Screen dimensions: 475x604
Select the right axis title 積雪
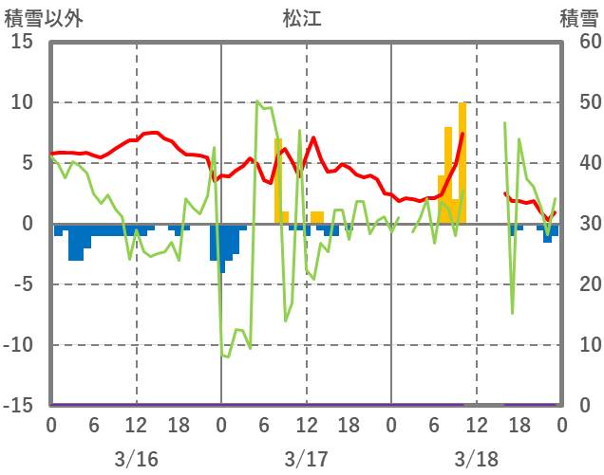pyautogui.click(x=578, y=18)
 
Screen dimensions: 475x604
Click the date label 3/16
pyautogui.click(x=136, y=459)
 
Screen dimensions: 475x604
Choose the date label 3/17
pyautogui.click(x=306, y=459)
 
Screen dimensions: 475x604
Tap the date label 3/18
pyautogui.click(x=476, y=459)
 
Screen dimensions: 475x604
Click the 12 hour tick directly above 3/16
pyautogui.click(x=136, y=426)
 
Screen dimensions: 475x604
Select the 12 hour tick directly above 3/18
pyautogui.click(x=476, y=426)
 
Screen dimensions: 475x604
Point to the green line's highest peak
pyautogui.click(x=257, y=102)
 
